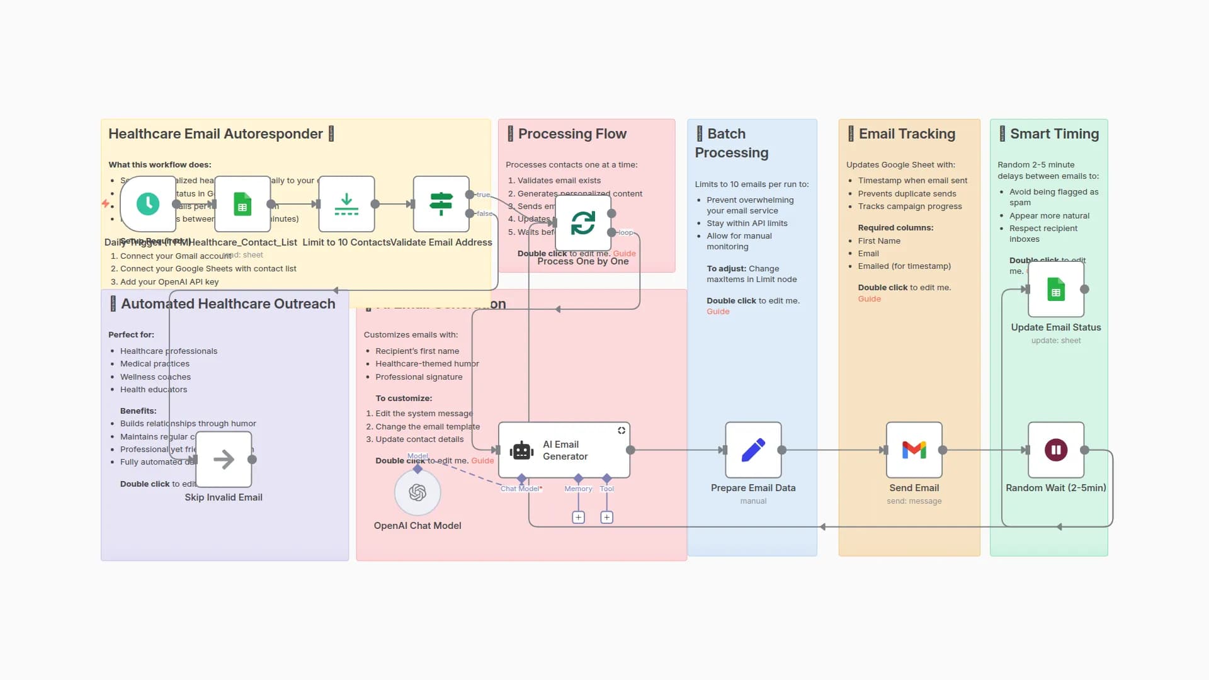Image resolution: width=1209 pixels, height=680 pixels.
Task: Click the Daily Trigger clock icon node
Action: (148, 204)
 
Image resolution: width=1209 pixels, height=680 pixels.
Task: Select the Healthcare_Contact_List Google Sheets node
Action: (242, 204)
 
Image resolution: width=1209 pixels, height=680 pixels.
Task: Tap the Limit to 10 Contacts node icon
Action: (346, 204)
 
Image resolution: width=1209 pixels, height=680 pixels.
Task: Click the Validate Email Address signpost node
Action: (441, 204)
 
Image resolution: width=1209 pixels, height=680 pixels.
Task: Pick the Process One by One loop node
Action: (583, 223)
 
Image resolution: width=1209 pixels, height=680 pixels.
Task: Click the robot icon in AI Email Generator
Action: (521, 451)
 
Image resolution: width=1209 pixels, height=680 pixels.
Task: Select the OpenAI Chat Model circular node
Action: (417, 492)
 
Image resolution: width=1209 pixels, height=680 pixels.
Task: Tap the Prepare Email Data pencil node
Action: (753, 450)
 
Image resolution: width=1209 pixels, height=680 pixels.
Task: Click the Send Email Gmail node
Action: (914, 450)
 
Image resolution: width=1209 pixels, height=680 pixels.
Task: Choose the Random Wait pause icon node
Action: (1056, 450)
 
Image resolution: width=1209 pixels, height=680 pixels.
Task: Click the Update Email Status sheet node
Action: (1056, 290)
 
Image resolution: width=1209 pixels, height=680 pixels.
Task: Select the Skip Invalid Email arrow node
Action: (224, 460)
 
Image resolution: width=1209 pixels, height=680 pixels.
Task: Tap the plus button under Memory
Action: (578, 518)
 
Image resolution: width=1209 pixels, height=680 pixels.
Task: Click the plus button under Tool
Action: (606, 518)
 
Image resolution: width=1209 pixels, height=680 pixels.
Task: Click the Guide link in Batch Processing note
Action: (718, 312)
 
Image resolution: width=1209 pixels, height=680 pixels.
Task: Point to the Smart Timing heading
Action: (1054, 134)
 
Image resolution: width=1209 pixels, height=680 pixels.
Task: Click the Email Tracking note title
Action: (907, 134)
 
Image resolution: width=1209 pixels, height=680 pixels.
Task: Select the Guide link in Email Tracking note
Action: (869, 299)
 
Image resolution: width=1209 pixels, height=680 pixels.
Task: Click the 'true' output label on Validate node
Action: (483, 195)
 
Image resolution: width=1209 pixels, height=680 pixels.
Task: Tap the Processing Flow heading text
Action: (572, 134)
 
